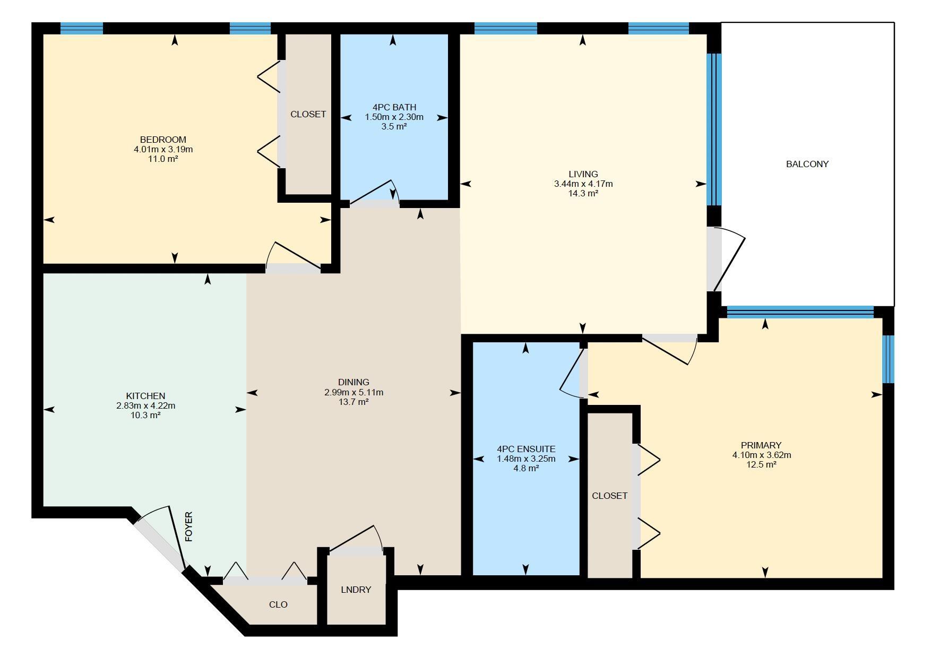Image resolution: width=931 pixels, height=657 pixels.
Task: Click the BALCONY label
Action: coord(807,164)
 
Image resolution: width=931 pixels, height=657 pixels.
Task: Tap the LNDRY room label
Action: coord(356,590)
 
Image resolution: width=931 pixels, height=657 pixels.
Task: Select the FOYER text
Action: coord(188,526)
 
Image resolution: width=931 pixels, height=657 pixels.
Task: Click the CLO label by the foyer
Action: coord(278,604)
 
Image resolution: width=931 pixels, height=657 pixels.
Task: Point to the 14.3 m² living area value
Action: coord(583,194)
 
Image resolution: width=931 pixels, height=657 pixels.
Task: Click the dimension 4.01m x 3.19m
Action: coord(163,149)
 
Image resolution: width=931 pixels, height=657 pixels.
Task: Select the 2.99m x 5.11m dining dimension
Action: coord(354,392)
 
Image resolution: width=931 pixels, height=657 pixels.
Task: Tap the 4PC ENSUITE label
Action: coord(525,449)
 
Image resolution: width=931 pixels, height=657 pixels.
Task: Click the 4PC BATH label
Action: coord(394,107)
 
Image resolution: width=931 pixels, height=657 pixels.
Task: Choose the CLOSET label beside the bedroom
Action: coord(308,114)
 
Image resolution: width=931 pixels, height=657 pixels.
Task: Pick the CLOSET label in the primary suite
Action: coord(609,496)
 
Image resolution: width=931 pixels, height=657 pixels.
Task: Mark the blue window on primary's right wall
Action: coord(888,359)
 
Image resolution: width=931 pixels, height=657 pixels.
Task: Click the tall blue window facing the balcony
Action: coord(714,129)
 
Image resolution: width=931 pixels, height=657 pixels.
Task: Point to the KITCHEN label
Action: coord(145,396)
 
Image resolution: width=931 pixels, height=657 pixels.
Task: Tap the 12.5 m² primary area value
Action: coord(761,464)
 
